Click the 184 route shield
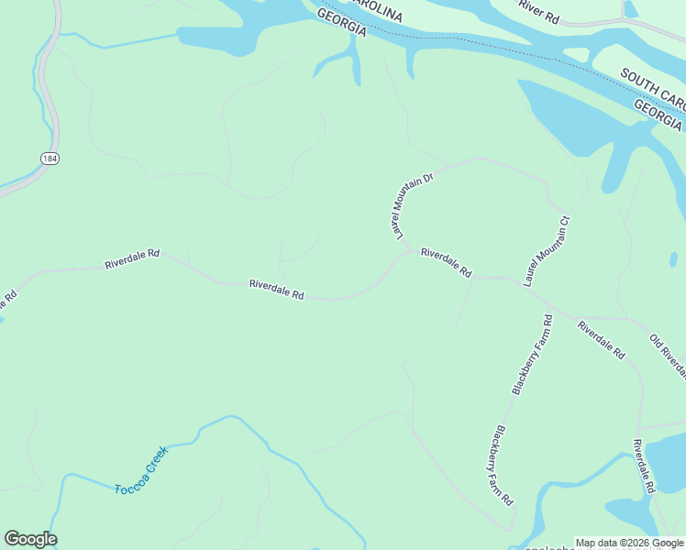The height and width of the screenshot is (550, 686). pyautogui.click(x=50, y=159)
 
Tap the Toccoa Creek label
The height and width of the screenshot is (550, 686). pyautogui.click(x=141, y=470)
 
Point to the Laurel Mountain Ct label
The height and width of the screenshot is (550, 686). pyautogui.click(x=547, y=252)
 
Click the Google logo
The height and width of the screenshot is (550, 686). pyautogui.click(x=30, y=539)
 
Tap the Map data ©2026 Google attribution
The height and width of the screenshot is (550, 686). pyautogui.click(x=629, y=543)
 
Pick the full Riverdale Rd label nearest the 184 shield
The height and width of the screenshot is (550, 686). pyautogui.click(x=132, y=258)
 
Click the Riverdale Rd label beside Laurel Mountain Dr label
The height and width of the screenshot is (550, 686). pyautogui.click(x=446, y=262)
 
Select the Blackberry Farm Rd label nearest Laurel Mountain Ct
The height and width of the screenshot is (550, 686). pyautogui.click(x=532, y=355)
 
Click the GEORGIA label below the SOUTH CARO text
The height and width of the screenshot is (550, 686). pyautogui.click(x=658, y=115)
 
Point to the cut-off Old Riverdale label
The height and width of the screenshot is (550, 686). pyautogui.click(x=669, y=355)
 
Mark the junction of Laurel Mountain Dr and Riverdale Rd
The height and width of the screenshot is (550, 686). pyautogui.click(x=408, y=254)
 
